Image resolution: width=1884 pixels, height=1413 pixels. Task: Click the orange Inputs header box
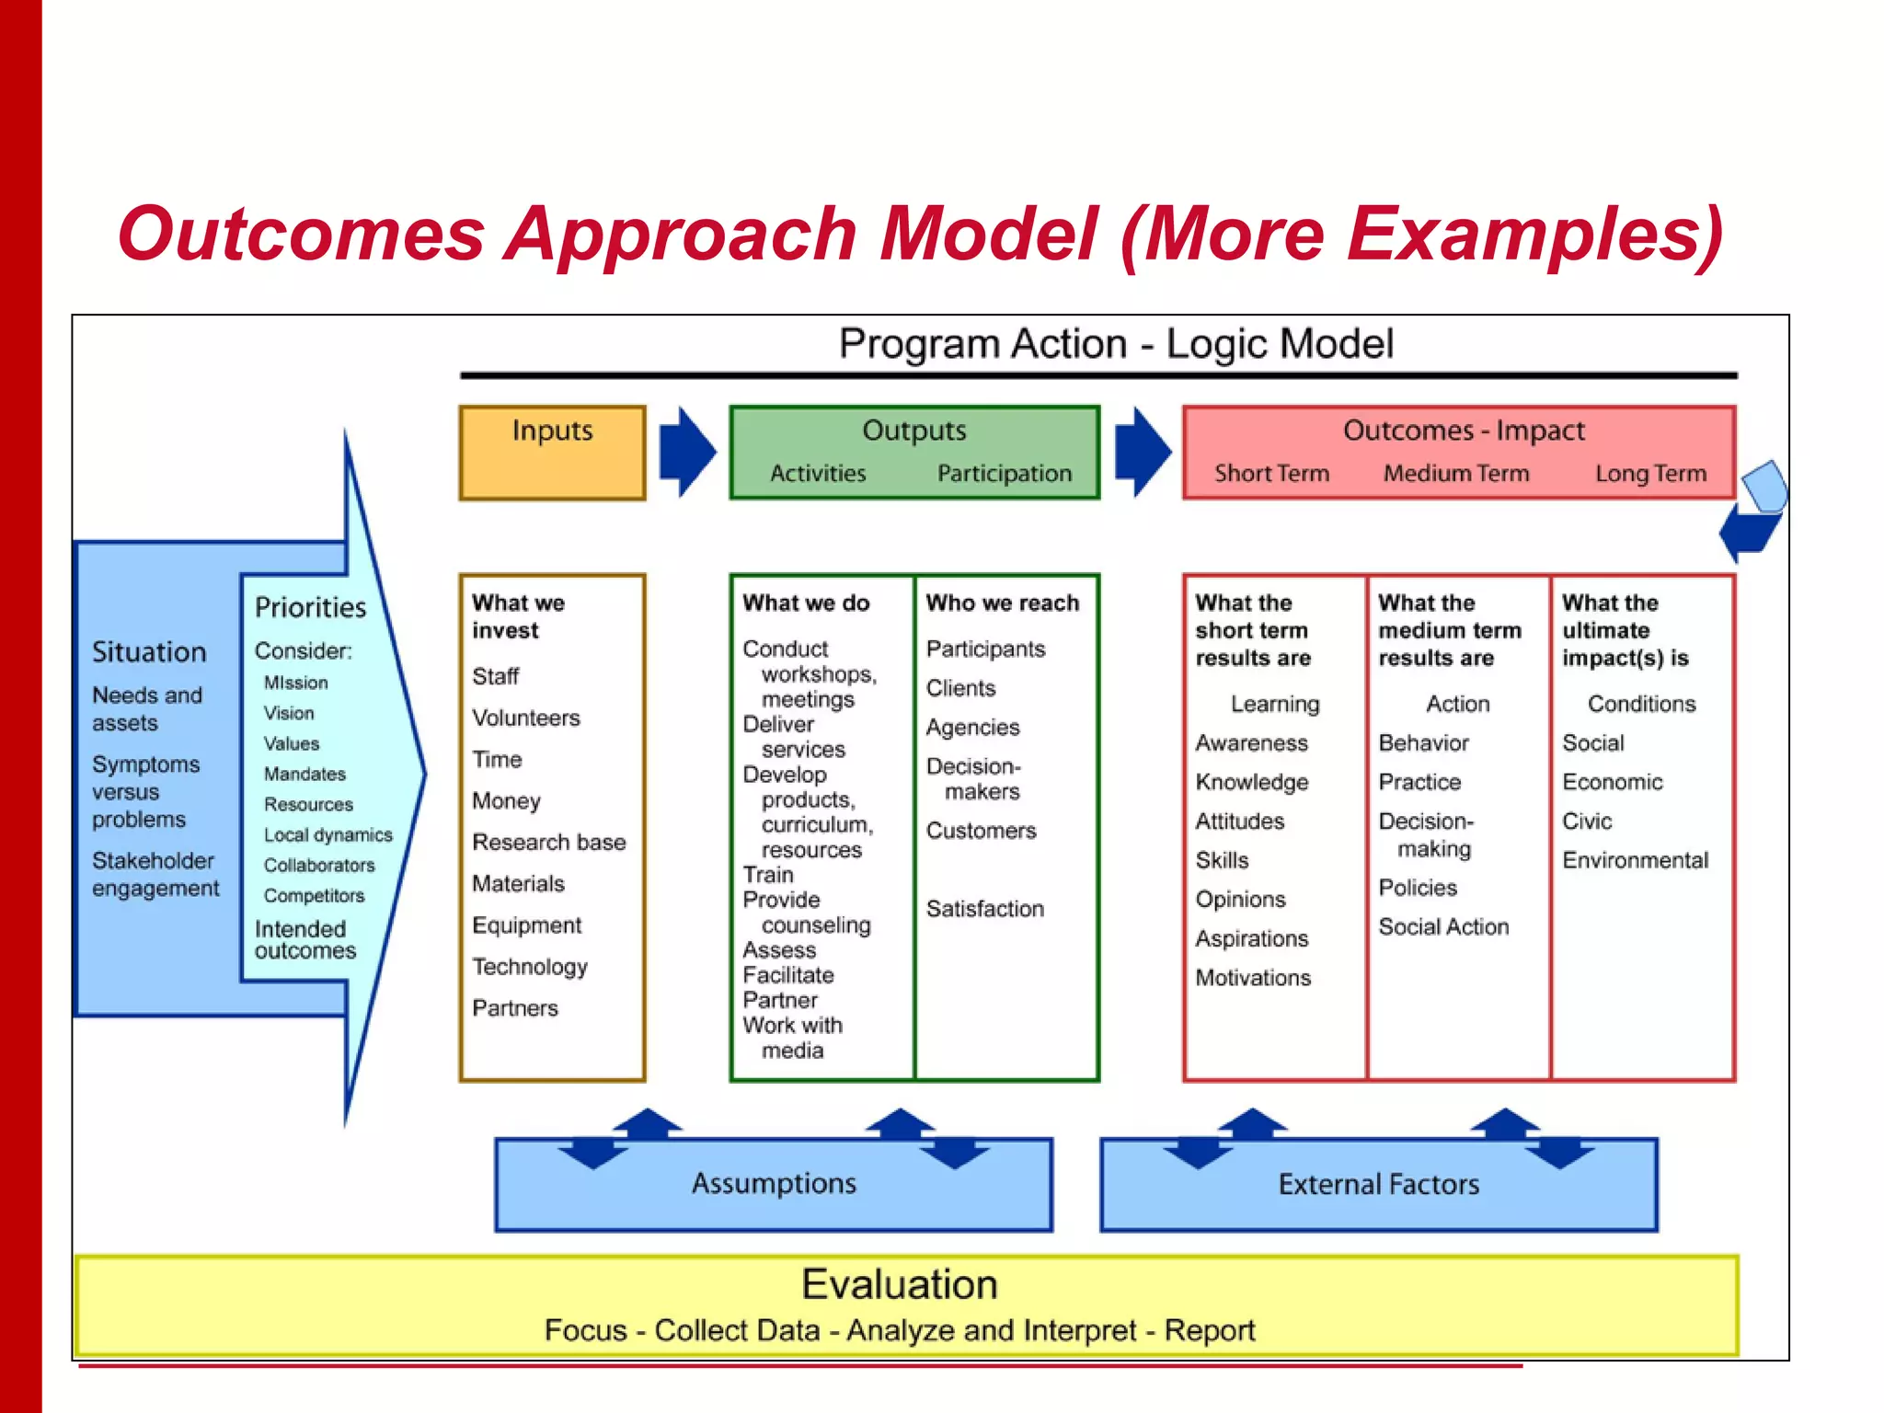[x=552, y=452]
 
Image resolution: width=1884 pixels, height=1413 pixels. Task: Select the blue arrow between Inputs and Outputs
[x=686, y=452]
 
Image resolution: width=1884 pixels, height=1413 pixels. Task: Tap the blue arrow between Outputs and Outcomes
[x=1142, y=452]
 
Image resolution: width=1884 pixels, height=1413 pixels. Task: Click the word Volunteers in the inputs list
[x=526, y=718]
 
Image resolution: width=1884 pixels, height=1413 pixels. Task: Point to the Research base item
[x=548, y=842]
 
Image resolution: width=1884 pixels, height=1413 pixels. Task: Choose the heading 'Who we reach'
[x=1002, y=603]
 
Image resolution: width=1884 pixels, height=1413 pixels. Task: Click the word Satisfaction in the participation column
[x=984, y=909]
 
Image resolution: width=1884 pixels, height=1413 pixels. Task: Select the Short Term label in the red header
[x=1271, y=473]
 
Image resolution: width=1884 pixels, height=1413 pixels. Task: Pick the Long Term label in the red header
[x=1650, y=473]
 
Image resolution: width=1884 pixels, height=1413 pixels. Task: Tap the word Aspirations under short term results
[x=1251, y=938]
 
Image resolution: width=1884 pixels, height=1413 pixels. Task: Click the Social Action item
[x=1443, y=926]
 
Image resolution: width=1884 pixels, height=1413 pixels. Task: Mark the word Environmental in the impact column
[x=1635, y=860]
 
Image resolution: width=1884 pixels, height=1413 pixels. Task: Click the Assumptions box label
[x=774, y=1183]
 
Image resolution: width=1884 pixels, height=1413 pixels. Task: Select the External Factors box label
[x=1378, y=1184]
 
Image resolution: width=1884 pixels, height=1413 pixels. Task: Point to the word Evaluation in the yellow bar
[x=899, y=1284]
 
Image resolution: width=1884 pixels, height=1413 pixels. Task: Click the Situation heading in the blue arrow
[x=149, y=652]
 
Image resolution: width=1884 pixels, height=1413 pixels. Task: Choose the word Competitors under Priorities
[x=314, y=895]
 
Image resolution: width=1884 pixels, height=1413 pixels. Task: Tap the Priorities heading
[x=310, y=607]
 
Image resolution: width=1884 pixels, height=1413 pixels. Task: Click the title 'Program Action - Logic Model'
[x=1115, y=344]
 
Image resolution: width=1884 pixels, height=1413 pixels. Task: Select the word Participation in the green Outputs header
[x=1004, y=473]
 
